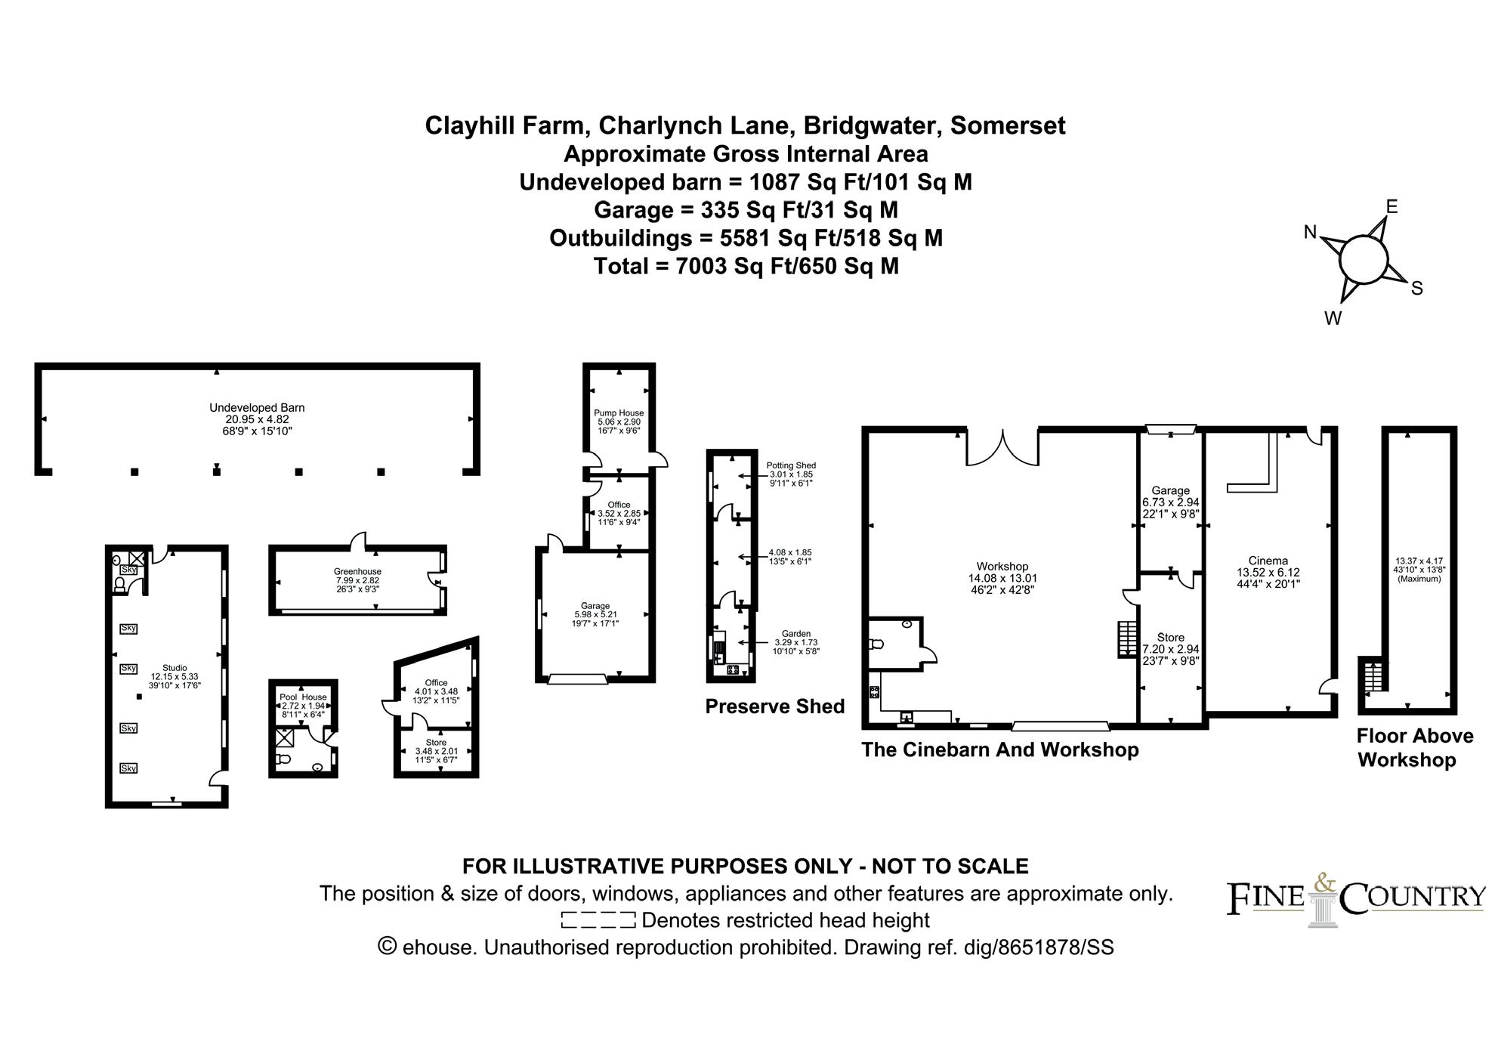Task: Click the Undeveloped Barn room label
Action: click(257, 408)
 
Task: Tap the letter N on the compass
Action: click(1311, 233)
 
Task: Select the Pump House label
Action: click(619, 413)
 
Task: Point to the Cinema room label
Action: click(1268, 561)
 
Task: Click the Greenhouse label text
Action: click(357, 571)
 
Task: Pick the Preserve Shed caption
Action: click(774, 706)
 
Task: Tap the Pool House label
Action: click(303, 697)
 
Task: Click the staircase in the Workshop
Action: click(1127, 638)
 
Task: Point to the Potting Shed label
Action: click(791, 465)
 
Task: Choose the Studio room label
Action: click(175, 668)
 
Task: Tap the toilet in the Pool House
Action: click(283, 759)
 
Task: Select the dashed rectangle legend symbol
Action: click(598, 920)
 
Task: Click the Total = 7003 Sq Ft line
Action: click(746, 266)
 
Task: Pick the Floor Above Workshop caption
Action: click(1414, 748)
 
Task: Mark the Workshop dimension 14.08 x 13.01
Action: click(1002, 578)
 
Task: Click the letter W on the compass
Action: click(1333, 319)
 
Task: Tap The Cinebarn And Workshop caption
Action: click(999, 749)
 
